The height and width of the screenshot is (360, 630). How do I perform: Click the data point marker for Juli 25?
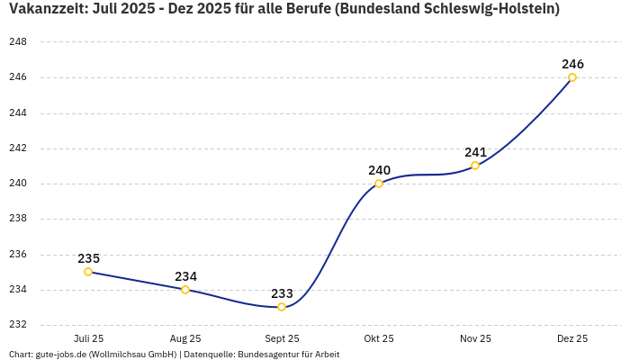(88, 272)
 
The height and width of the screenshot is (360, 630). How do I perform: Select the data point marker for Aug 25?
(185, 290)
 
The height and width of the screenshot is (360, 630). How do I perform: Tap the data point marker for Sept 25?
(282, 307)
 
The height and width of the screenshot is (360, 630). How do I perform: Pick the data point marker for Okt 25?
(379, 184)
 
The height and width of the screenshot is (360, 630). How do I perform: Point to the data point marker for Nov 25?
(475, 166)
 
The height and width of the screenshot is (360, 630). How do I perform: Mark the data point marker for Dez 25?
(572, 77)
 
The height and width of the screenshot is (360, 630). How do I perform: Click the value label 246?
(572, 64)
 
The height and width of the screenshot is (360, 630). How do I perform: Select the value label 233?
(282, 293)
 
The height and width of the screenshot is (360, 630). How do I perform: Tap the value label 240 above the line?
(379, 170)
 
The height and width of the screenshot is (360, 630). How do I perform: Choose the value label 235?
(88, 258)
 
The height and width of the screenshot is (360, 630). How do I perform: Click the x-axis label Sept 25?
(282, 338)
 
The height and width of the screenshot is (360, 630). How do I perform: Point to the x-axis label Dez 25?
(572, 338)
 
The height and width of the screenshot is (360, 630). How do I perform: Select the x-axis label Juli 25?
(88, 338)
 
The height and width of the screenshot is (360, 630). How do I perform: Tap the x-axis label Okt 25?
(379, 338)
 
